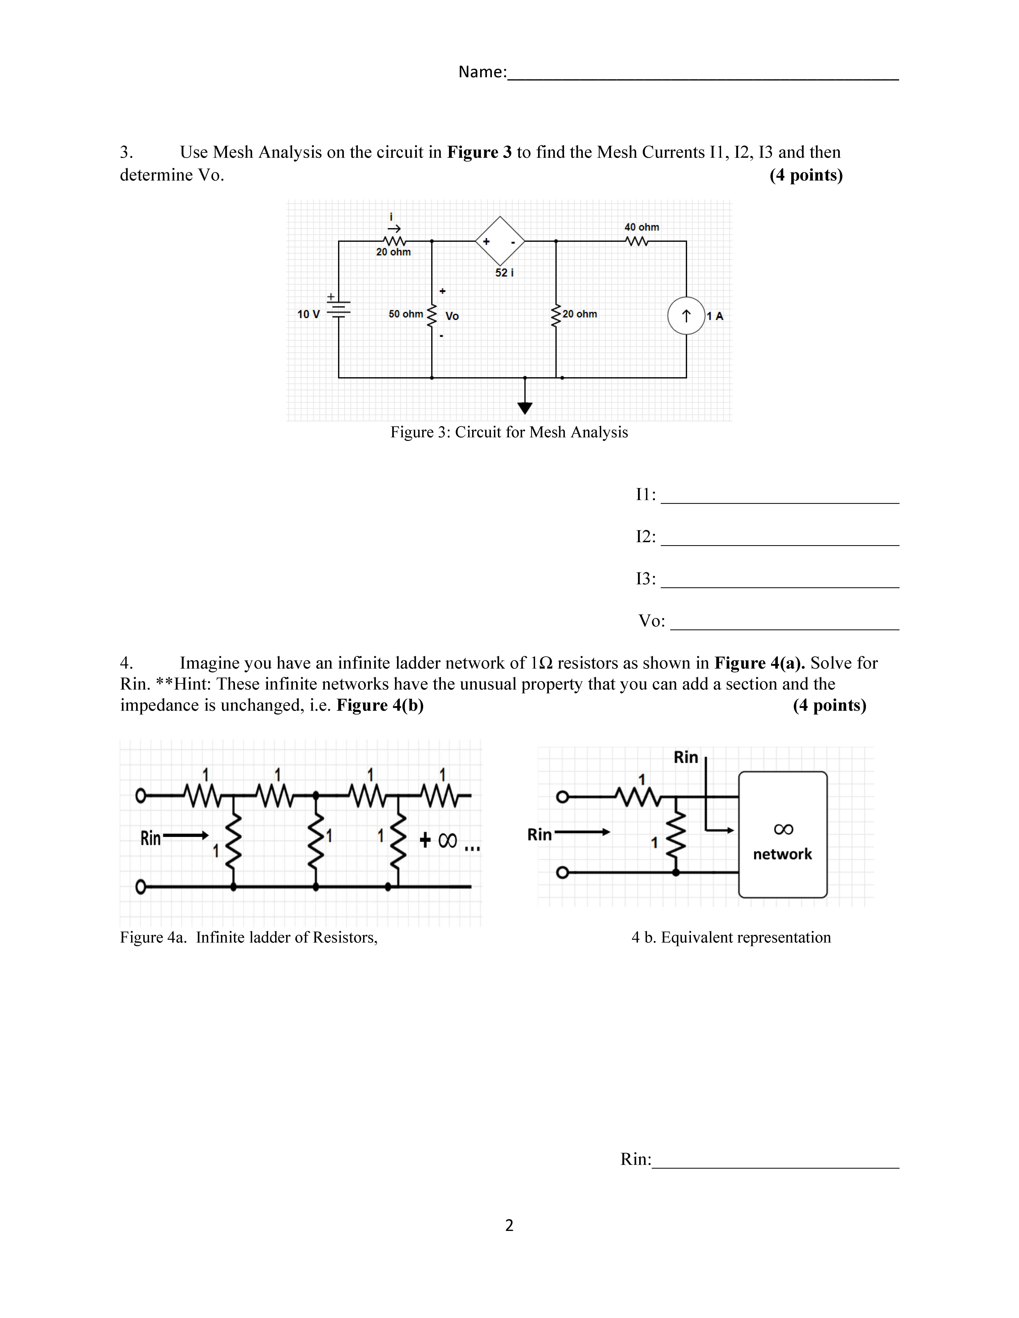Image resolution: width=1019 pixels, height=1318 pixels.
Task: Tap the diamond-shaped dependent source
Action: pos(500,241)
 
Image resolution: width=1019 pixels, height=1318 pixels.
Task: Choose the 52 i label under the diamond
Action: pos(504,273)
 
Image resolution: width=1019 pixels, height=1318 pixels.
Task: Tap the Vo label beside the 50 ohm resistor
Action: pos(452,316)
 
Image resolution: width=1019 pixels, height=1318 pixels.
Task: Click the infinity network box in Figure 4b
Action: pos(782,835)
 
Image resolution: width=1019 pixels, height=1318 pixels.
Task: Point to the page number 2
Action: pos(509,1225)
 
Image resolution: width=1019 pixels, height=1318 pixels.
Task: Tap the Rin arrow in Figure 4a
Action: pos(185,836)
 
